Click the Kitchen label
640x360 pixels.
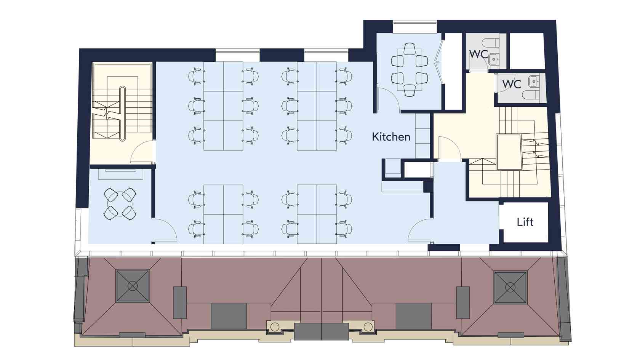(x=391, y=137)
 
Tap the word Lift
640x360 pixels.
(x=525, y=222)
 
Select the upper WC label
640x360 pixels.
(x=478, y=54)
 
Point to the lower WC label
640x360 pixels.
(x=511, y=84)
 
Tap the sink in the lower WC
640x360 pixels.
(x=533, y=82)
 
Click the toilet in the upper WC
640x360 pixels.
(x=490, y=43)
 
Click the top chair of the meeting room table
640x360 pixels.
(x=410, y=48)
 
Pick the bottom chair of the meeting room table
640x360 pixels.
(x=410, y=91)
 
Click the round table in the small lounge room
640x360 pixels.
(x=120, y=203)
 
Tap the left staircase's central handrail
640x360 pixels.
(x=122, y=114)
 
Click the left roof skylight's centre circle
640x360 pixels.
(x=132, y=286)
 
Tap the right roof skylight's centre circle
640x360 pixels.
(x=510, y=287)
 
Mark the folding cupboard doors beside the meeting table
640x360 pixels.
(x=440, y=61)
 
